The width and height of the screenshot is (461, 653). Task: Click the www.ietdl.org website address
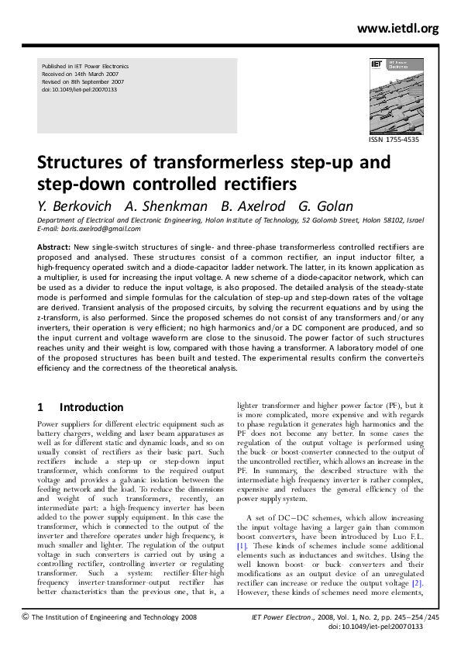pyautogui.click(x=397, y=29)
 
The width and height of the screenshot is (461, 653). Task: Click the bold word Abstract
pyautogui.click(x=53, y=246)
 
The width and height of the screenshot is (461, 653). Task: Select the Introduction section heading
pyautogui.click(x=91, y=407)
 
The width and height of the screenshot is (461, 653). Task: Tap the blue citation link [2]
pyautogui.click(x=416, y=582)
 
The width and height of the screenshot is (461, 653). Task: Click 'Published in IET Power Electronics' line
pyautogui.click(x=84, y=67)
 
